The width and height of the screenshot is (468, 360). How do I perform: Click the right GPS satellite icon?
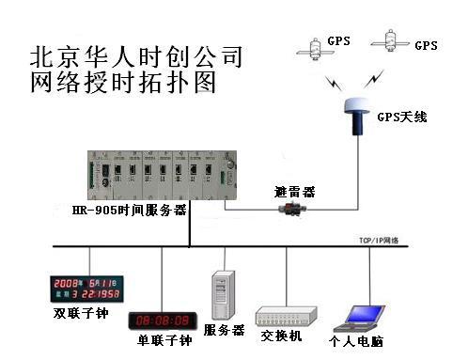click(x=387, y=41)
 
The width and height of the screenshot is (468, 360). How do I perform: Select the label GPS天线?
click(x=401, y=117)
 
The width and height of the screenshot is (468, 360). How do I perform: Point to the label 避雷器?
click(x=294, y=191)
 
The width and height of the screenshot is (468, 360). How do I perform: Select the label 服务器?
click(x=225, y=331)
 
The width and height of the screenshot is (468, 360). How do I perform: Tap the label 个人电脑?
click(x=356, y=342)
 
